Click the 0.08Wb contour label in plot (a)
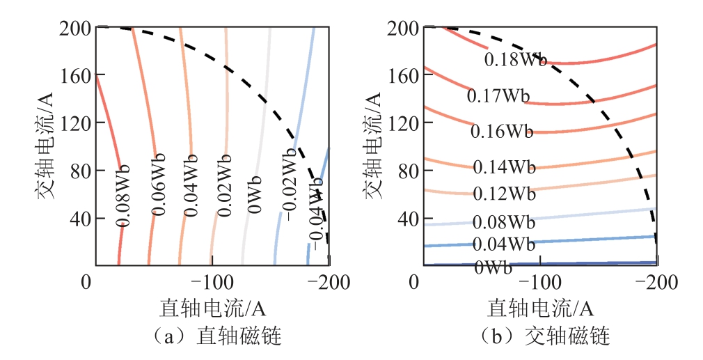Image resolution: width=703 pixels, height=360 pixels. tap(123, 196)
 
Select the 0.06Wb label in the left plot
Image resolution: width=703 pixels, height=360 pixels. tap(158, 185)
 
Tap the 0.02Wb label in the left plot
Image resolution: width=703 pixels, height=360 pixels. tap(223, 186)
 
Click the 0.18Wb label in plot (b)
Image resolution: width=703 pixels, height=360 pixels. tap(516, 59)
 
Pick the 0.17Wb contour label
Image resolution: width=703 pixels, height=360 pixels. tap(498, 95)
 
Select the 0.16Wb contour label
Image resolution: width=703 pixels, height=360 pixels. tap(502, 131)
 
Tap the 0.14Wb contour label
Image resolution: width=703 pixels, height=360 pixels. tap(504, 167)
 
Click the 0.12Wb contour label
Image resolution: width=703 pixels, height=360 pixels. tap(504, 194)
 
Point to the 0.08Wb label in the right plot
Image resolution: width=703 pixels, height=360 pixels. tap(503, 222)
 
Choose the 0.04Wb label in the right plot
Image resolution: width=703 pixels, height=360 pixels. tap(503, 244)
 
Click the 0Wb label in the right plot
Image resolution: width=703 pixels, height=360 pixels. tap(493, 267)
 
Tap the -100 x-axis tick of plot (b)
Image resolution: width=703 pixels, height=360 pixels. tap(539, 283)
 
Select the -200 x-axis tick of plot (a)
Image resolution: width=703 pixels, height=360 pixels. tap(329, 283)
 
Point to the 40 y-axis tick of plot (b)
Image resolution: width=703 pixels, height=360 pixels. tap(409, 219)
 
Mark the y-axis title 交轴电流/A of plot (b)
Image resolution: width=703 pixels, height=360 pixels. tap(372, 146)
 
